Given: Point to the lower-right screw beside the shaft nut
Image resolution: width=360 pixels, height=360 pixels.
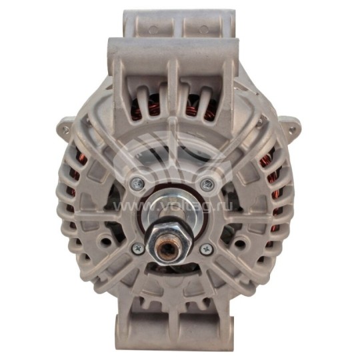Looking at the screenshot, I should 205,249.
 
